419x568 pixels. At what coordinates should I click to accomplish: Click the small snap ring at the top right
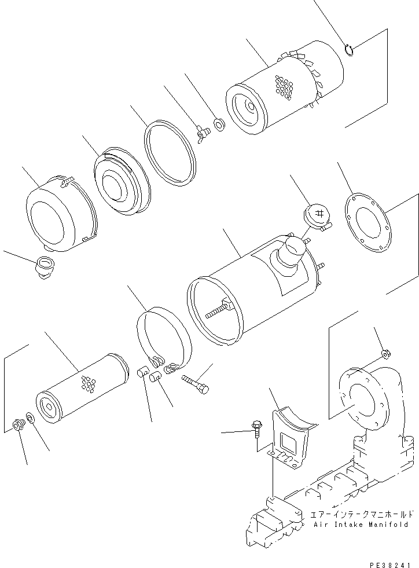(349, 50)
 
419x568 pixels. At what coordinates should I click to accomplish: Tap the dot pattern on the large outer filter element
(284, 87)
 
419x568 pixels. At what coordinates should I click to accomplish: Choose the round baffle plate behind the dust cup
(120, 181)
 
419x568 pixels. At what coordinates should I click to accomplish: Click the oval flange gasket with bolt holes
(367, 223)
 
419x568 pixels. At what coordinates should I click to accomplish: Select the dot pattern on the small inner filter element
(88, 383)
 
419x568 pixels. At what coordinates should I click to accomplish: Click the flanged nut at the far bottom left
(18, 426)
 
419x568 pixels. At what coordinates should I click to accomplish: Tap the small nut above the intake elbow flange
(385, 354)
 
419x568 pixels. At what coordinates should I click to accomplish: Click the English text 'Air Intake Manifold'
(361, 525)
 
